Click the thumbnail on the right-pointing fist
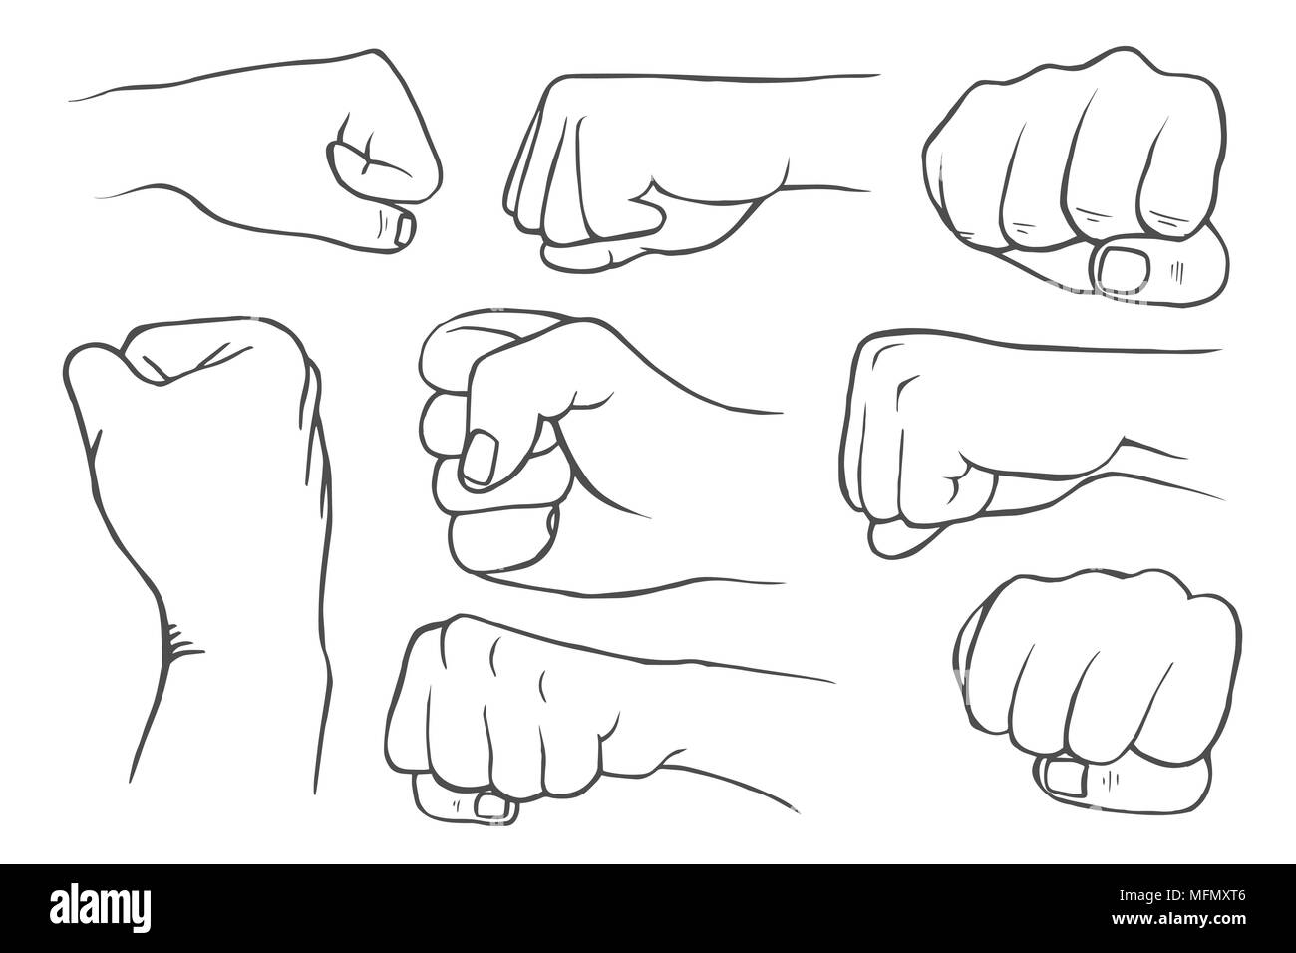[x=404, y=228]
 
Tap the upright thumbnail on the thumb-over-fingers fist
[x=480, y=459]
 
